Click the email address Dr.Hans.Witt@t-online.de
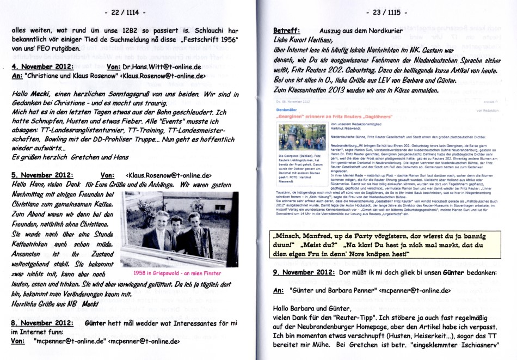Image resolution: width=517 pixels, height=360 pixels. pos(162,67)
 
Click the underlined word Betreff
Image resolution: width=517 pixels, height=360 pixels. pos(286,30)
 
